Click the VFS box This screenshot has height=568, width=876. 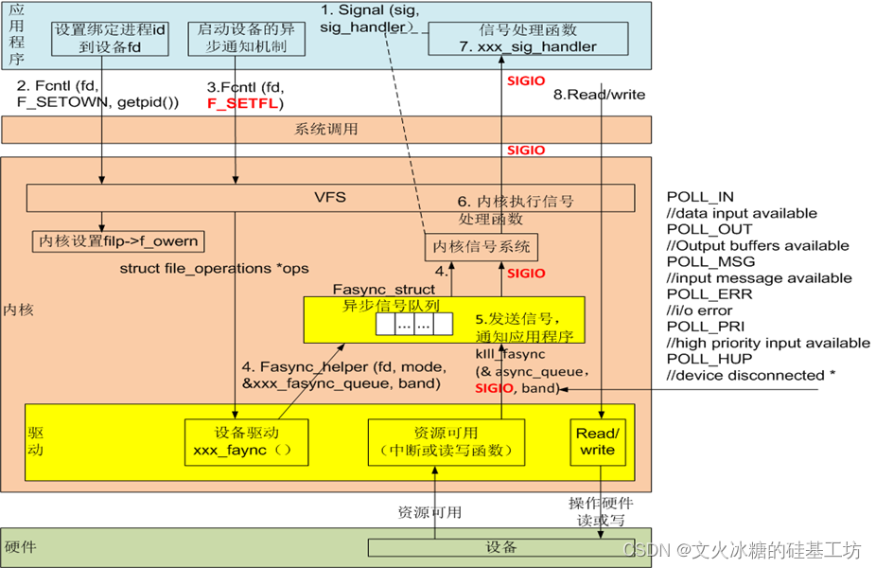330,198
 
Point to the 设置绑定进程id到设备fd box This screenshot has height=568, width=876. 109,39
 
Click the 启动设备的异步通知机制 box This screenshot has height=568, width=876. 241,39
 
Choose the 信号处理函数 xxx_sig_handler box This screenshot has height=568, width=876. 528,39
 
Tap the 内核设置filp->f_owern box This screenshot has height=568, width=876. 121,240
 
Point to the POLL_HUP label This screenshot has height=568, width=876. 696,359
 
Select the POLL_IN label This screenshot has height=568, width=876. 700,197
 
